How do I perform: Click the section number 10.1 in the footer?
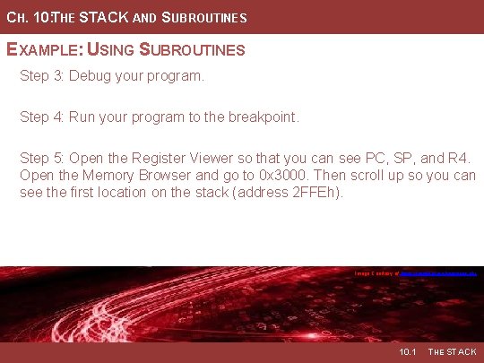click(408, 352)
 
